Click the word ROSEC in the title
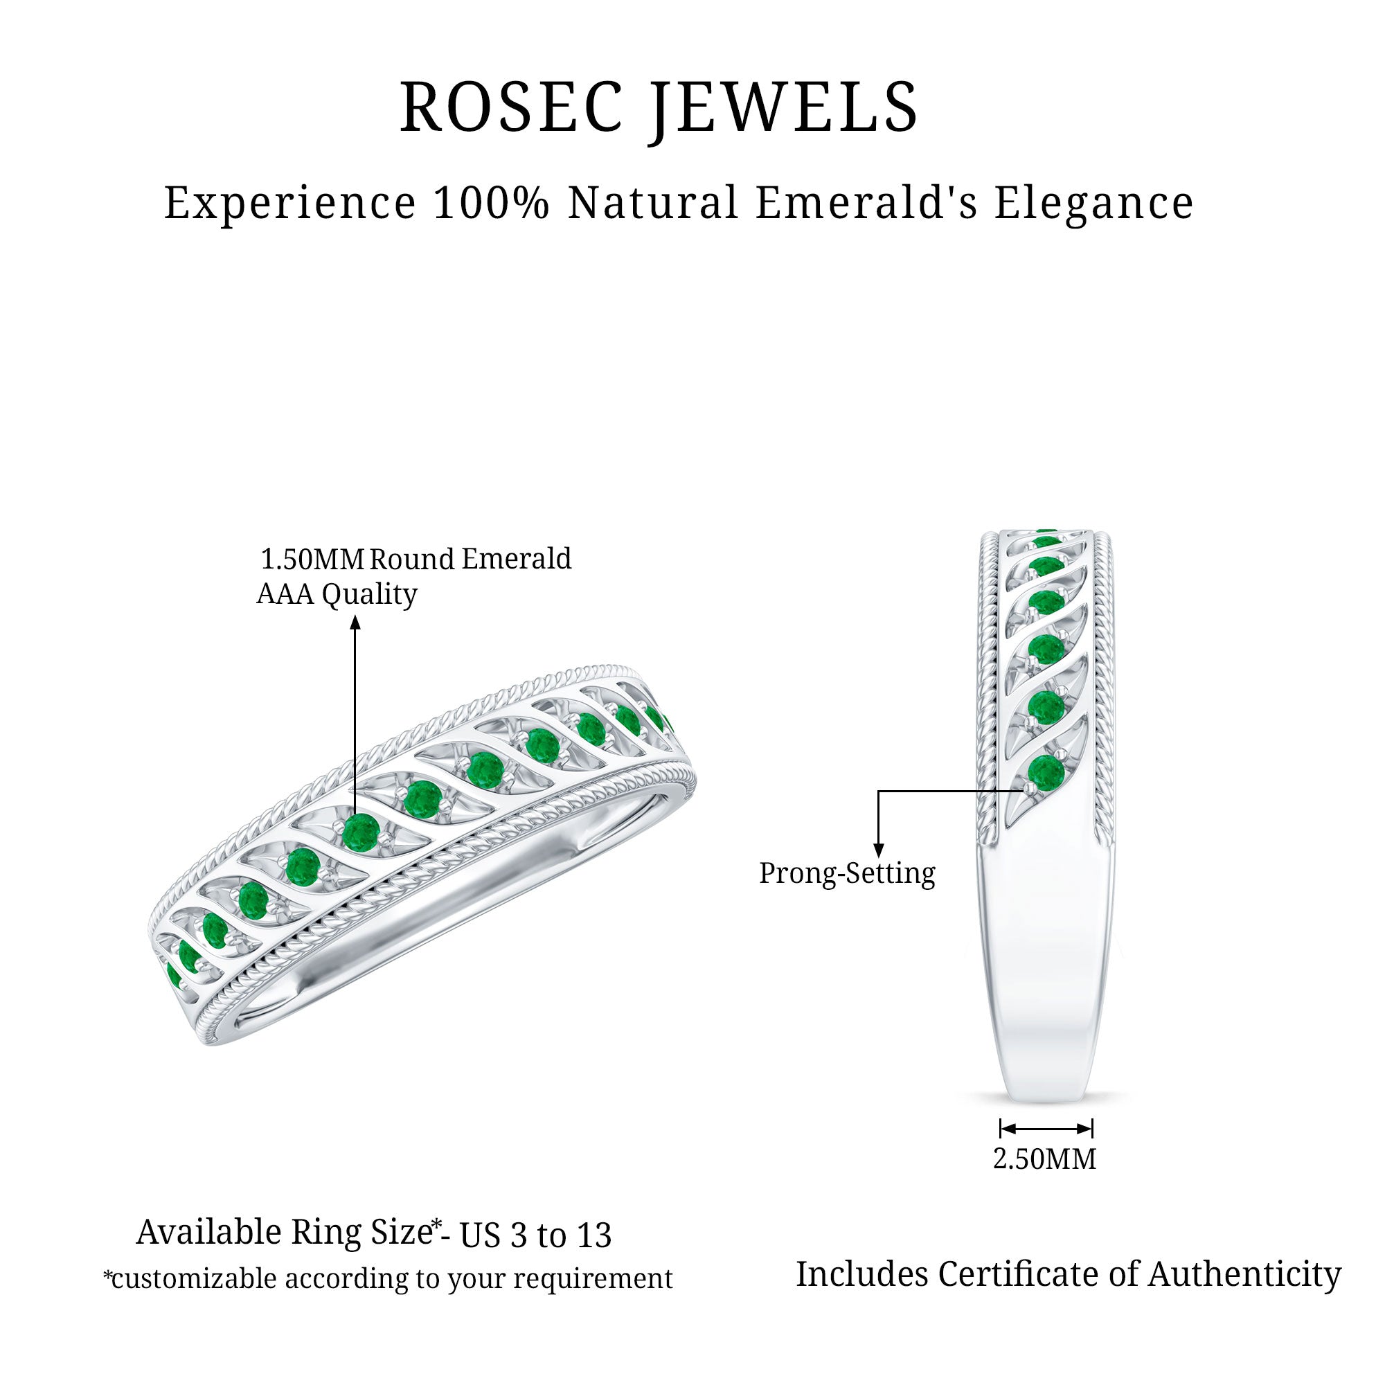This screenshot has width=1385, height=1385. pyautogui.click(x=511, y=107)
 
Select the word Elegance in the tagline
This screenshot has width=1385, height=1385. pyautogui.click(x=1094, y=204)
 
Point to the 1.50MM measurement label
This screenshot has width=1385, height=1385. pyautogui.click(x=312, y=559)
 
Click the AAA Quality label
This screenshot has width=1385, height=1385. pyautogui.click(x=337, y=594)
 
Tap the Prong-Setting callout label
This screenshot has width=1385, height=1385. pyautogui.click(x=847, y=873)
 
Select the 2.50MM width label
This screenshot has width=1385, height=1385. pyautogui.click(x=1044, y=1159)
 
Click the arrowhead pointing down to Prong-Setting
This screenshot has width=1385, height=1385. pyautogui.click(x=879, y=850)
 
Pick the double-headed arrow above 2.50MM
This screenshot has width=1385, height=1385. pyautogui.click(x=1046, y=1129)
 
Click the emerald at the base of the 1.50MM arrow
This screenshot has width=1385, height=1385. pyautogui.click(x=361, y=832)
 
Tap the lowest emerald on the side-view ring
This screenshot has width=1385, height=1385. pyautogui.click(x=1046, y=772)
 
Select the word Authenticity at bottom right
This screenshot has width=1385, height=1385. pyautogui.click(x=1244, y=1274)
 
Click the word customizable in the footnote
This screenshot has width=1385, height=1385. pyautogui.click(x=194, y=1279)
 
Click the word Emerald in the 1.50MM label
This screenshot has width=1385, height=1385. pyautogui.click(x=516, y=559)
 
